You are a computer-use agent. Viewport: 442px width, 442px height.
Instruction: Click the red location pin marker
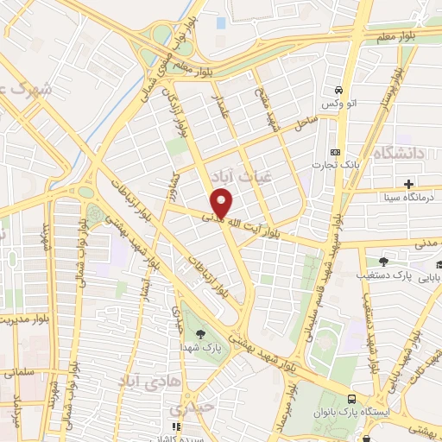223,202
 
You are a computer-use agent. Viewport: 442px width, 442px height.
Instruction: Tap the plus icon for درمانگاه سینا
408,184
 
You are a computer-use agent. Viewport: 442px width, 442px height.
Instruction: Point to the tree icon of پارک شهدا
200,333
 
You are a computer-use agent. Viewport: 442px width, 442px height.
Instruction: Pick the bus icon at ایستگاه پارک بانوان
351,398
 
